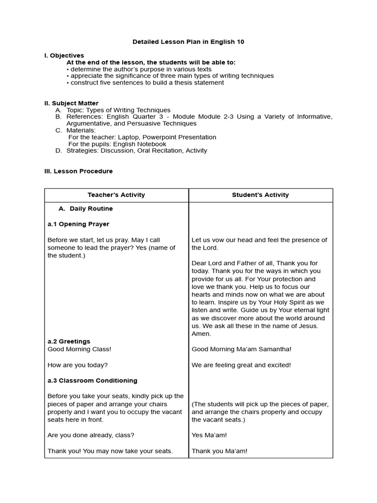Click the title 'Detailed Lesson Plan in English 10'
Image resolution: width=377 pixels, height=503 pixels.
coord(188,42)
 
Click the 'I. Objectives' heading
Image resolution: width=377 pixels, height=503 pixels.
coord(64,56)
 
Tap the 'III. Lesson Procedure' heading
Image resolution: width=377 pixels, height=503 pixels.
coord(78,171)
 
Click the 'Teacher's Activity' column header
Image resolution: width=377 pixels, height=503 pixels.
coord(116,195)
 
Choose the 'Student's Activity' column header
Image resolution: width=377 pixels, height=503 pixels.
coord(260,195)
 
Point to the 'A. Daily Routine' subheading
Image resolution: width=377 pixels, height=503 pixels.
coord(85,209)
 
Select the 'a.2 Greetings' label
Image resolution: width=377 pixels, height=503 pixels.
coord(69,341)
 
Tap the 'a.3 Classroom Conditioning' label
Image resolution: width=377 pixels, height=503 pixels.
coord(92,381)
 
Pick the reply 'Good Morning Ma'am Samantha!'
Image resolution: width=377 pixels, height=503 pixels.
coord(241,349)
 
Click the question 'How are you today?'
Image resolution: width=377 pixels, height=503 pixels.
coord(77,365)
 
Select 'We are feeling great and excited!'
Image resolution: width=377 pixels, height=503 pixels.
coord(241,365)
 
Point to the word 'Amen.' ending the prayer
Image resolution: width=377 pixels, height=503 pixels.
coord(201,334)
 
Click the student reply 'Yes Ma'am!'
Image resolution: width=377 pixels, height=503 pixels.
coord(209,435)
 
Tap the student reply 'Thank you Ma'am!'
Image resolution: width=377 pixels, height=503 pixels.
coord(219,451)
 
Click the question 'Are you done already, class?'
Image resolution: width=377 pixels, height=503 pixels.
coord(91,435)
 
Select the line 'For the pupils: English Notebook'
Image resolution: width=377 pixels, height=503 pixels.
coord(117,144)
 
